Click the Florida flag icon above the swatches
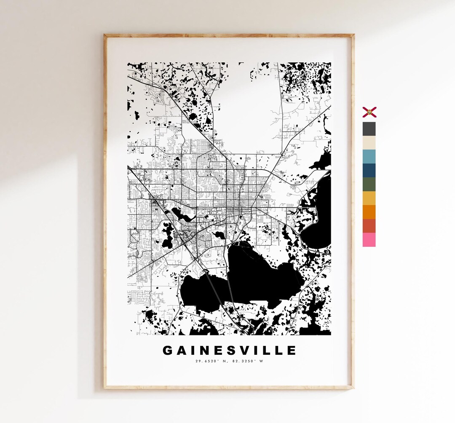click(x=369, y=112)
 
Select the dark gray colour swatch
click(x=369, y=129)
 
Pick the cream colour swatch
click(x=369, y=142)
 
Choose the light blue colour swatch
click(x=369, y=156)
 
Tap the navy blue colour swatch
click(x=369, y=170)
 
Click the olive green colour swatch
click(x=369, y=184)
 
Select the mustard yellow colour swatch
click(x=369, y=198)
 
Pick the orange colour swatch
click(x=369, y=212)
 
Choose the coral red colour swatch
click(x=369, y=226)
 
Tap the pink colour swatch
click(x=369, y=240)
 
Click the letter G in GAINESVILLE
click(x=168, y=351)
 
